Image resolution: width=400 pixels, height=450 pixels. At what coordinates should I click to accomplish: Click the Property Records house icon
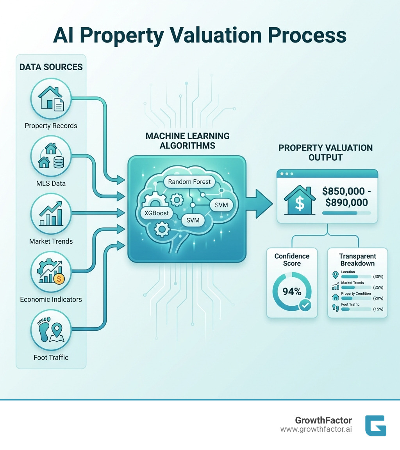click(51, 98)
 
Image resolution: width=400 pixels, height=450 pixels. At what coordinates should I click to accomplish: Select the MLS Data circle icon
click(51, 156)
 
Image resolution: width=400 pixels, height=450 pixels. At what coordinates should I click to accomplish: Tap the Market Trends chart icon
click(51, 214)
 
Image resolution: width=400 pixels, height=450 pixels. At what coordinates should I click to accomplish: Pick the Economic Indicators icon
click(51, 272)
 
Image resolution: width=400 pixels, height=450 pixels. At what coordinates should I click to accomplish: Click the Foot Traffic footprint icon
click(51, 330)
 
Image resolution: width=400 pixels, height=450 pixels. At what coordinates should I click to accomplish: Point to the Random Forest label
click(189, 182)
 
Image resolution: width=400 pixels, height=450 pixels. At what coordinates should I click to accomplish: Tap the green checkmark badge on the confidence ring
click(305, 305)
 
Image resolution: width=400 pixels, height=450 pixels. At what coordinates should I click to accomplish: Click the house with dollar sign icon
click(299, 200)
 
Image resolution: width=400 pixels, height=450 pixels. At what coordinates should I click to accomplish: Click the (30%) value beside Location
click(378, 276)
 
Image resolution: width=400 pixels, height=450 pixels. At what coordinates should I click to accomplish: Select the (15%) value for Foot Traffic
click(378, 309)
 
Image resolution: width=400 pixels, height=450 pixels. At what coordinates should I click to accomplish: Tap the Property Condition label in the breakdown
click(356, 294)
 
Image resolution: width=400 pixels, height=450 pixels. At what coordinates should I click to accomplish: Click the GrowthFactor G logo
click(375, 425)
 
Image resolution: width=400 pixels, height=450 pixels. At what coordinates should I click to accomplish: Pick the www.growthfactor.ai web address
click(316, 429)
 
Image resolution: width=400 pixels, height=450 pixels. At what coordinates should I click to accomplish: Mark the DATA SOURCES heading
click(51, 67)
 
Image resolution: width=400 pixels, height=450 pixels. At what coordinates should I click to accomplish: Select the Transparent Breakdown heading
click(357, 260)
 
